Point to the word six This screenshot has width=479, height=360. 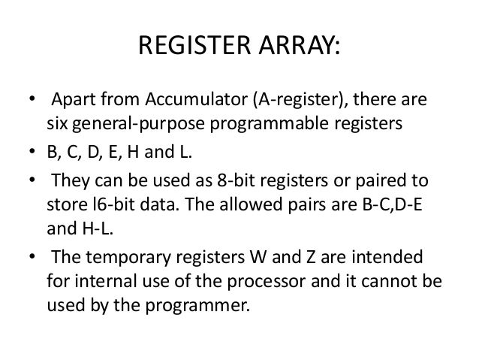59,123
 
